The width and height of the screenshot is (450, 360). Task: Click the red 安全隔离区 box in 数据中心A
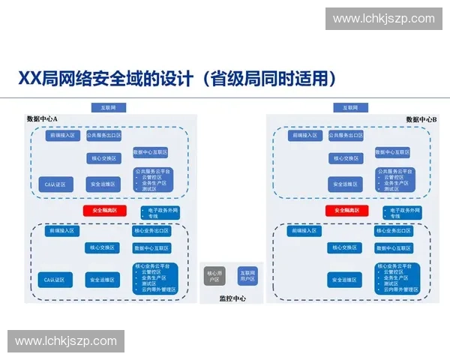click(104, 211)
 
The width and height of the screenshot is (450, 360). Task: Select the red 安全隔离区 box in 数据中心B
click(346, 211)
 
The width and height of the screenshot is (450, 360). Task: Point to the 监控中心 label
click(232, 298)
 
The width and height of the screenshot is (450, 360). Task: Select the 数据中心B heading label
click(421, 119)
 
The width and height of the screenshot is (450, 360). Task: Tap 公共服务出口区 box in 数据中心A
click(103, 136)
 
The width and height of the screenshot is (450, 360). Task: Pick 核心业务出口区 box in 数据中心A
click(152, 231)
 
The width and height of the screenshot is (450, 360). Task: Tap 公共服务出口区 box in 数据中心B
click(346, 136)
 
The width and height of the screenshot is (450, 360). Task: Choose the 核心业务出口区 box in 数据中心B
click(394, 231)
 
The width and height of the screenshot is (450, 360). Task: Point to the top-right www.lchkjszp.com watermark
click(383, 19)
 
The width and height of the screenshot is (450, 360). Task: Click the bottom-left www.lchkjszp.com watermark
click(66, 341)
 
